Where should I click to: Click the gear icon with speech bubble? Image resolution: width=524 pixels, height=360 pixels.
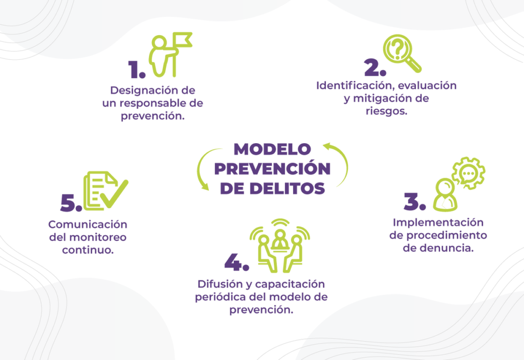click(x=469, y=173)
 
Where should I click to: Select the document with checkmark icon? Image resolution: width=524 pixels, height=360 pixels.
click(x=105, y=191)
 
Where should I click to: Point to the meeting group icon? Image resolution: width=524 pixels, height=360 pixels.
click(x=280, y=245)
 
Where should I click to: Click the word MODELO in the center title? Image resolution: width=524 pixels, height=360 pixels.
click(x=272, y=149)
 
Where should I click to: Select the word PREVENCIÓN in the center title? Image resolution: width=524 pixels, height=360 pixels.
click(x=272, y=168)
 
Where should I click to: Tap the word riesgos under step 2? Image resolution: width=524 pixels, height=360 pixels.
click(x=386, y=111)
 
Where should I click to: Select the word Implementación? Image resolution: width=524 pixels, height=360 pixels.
click(x=438, y=223)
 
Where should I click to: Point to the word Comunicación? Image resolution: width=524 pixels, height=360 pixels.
click(x=88, y=224)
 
